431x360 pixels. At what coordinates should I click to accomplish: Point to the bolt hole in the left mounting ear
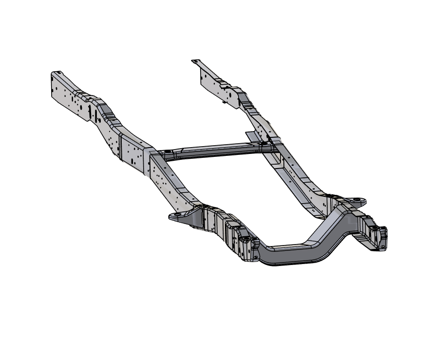click(176, 214)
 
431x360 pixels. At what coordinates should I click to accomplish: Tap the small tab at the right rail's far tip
click(196, 61)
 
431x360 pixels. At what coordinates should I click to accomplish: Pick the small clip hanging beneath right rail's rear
click(224, 102)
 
